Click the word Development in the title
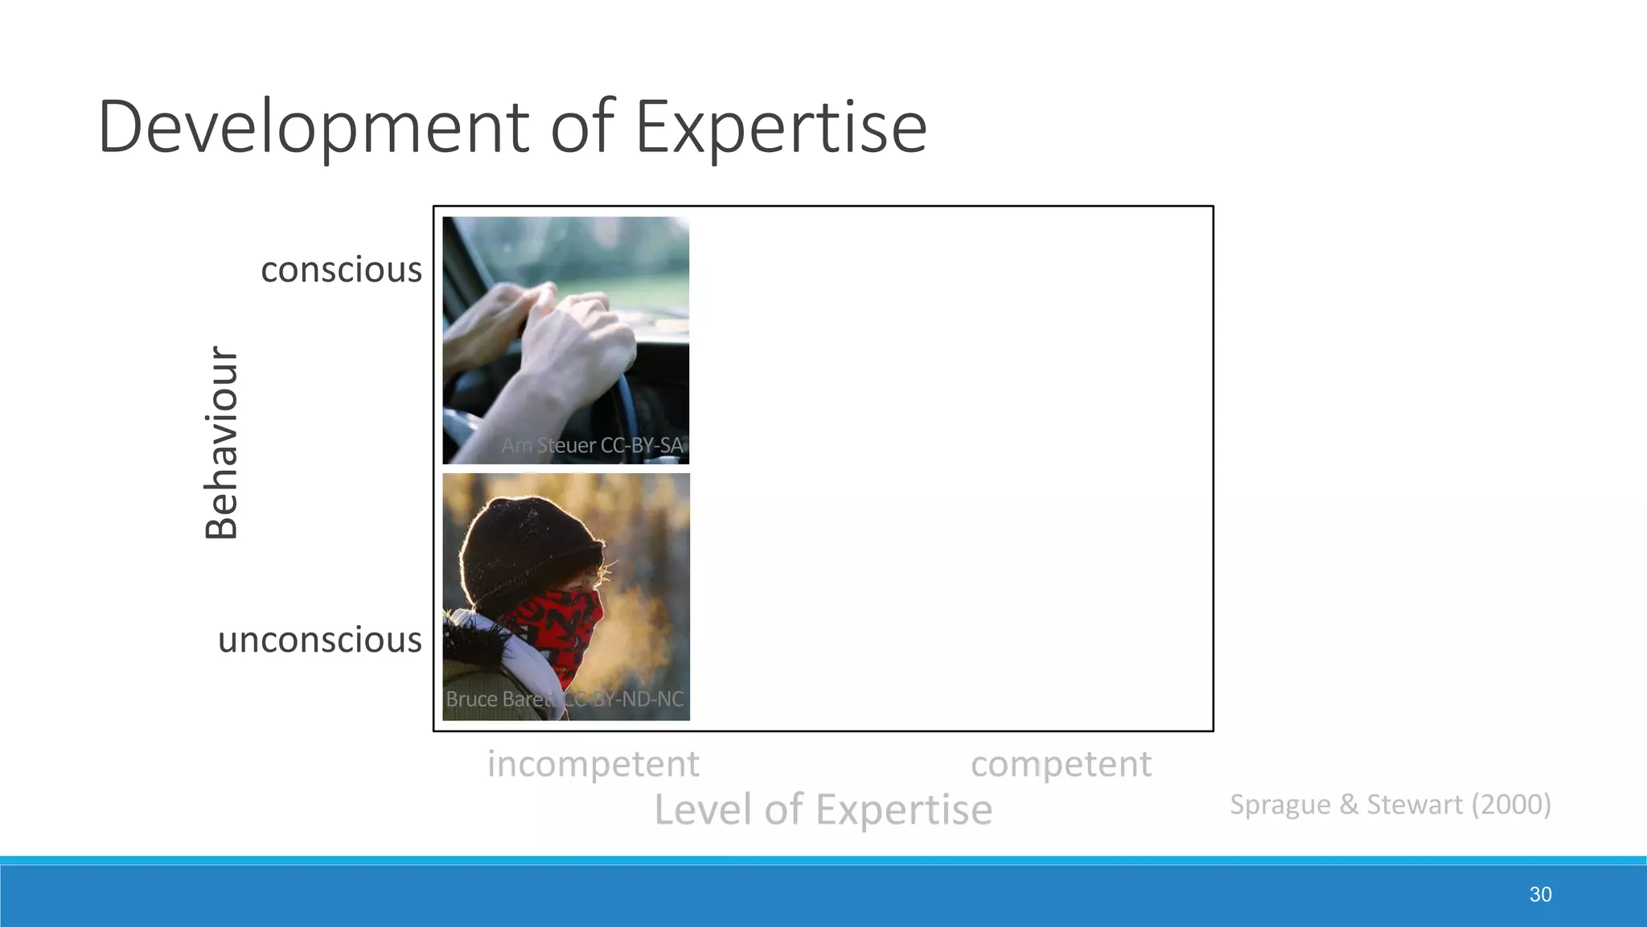click(x=314, y=127)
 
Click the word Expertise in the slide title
click(x=781, y=127)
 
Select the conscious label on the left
click(x=341, y=270)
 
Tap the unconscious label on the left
click(x=319, y=640)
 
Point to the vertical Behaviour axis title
click(x=221, y=443)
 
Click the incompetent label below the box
click(x=593, y=763)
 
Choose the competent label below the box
click(x=1061, y=763)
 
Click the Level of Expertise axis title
click(x=823, y=809)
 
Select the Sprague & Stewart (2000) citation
click(x=1390, y=804)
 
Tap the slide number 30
click(x=1540, y=894)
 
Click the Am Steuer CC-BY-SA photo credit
click(x=592, y=445)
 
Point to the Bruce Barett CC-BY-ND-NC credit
click(x=565, y=698)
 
